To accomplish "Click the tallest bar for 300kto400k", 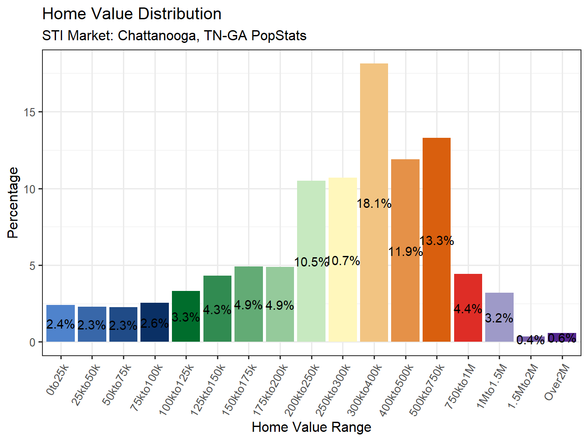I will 374,131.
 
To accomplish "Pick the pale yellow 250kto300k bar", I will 343,219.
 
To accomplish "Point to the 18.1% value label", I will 374,203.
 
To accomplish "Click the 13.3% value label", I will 437,241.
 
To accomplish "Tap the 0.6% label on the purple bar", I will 562,338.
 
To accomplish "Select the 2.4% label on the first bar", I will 60,324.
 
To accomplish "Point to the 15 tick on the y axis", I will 29,112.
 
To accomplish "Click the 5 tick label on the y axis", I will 32,266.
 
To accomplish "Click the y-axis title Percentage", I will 13,203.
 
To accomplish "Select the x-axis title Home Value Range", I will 311,427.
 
